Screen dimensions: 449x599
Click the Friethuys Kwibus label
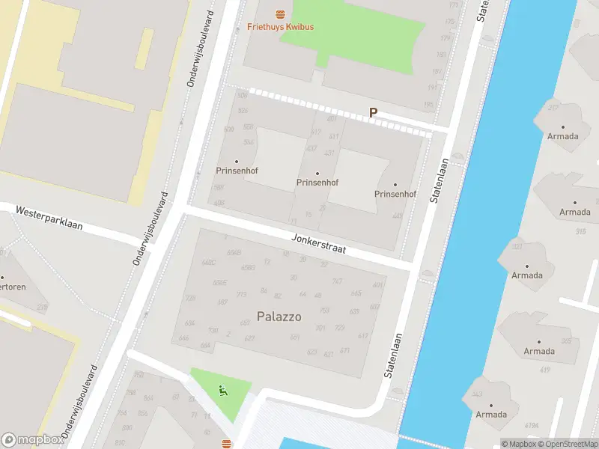[280, 27]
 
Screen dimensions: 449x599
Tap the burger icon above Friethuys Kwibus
[280, 13]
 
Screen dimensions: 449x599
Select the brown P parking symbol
[373, 113]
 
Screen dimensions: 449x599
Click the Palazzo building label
[279, 317]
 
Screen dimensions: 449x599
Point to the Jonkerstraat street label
[319, 244]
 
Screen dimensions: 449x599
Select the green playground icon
[222, 389]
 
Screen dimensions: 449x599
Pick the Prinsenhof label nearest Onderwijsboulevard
[237, 171]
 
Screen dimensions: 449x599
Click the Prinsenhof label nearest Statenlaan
[395, 194]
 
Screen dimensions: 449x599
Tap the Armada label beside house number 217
[562, 136]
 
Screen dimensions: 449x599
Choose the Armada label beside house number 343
[491, 415]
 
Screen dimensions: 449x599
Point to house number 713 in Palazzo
[242, 294]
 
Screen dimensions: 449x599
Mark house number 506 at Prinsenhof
[242, 95]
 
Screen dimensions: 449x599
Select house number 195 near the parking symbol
[430, 106]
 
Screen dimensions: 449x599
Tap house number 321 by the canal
[517, 246]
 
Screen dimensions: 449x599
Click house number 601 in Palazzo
[377, 285]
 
